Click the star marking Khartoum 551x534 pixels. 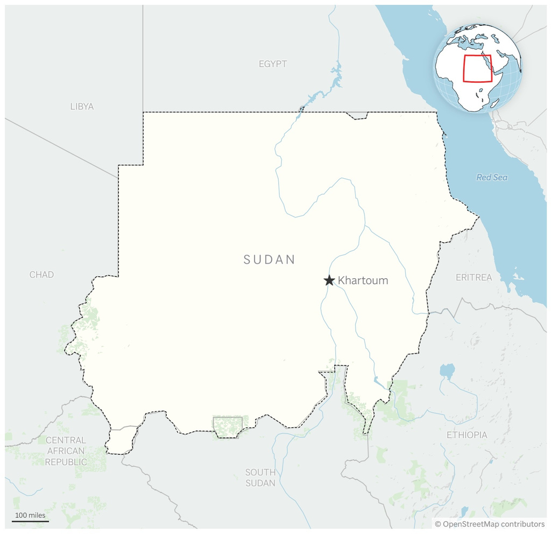pyautogui.click(x=329, y=280)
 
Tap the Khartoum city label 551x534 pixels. pyautogui.click(x=363, y=280)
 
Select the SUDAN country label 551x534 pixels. pyautogui.click(x=270, y=259)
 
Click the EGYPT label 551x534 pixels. pyautogui.click(x=273, y=64)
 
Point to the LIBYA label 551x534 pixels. pyautogui.click(x=82, y=107)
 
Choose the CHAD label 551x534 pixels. pyautogui.click(x=41, y=275)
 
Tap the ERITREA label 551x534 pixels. pyautogui.click(x=474, y=278)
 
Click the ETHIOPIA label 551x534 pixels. pyautogui.click(x=467, y=435)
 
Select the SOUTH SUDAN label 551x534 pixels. pyautogui.click(x=260, y=477)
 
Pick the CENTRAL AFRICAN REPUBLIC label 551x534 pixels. pyautogui.click(x=66, y=451)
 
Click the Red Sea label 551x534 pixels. pyautogui.click(x=492, y=177)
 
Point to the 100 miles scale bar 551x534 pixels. pyautogui.click(x=30, y=521)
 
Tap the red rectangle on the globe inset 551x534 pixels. pyautogui.click(x=477, y=68)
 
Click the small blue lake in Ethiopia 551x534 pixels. pyautogui.click(x=447, y=370)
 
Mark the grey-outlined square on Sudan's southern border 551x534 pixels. pyautogui.click(x=228, y=426)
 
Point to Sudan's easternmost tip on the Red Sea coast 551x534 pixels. pyautogui.click(x=478, y=217)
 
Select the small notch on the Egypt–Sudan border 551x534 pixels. pyautogui.click(x=356, y=116)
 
